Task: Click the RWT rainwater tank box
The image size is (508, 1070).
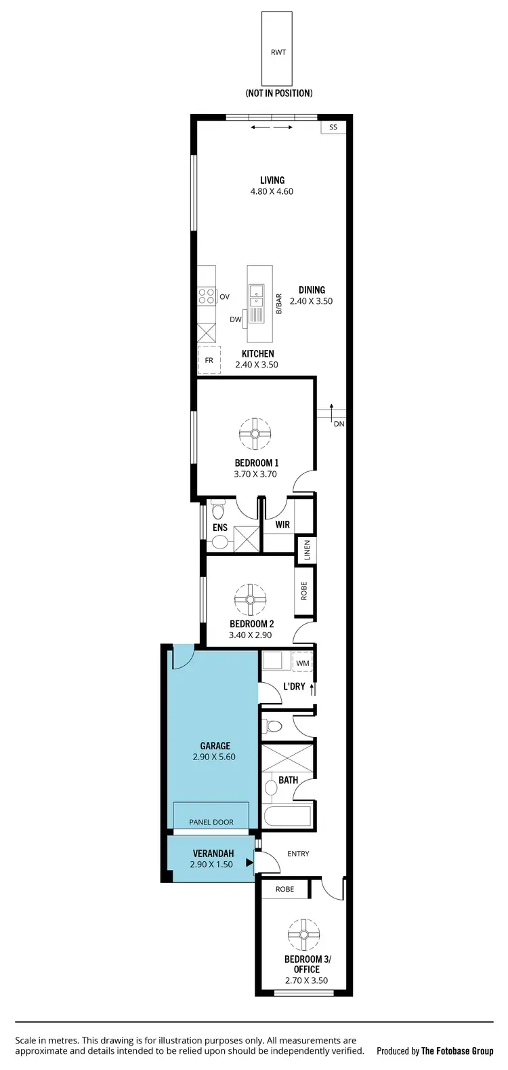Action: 278,48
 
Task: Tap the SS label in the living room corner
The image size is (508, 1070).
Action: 333,127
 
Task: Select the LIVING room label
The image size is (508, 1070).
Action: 272,180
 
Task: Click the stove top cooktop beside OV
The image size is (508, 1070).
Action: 207,296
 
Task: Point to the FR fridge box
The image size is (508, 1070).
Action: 209,360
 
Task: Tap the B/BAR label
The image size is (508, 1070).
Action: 278,304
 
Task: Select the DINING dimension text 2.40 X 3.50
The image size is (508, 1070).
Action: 312,301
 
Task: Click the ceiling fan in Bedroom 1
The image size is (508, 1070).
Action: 256,434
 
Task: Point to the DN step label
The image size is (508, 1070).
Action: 339,424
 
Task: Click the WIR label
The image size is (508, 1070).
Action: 282,525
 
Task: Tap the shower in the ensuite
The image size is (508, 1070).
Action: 247,538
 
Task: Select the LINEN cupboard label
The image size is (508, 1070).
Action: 307,549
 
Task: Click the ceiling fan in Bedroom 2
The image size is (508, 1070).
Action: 250,599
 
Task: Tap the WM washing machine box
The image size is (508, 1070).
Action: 303,662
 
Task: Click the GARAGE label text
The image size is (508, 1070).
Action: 215,745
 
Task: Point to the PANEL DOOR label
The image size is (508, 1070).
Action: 211,822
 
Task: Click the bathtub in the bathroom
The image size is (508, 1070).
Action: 287,816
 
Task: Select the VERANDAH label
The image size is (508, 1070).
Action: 213,854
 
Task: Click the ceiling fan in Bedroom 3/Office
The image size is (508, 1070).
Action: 303,936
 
